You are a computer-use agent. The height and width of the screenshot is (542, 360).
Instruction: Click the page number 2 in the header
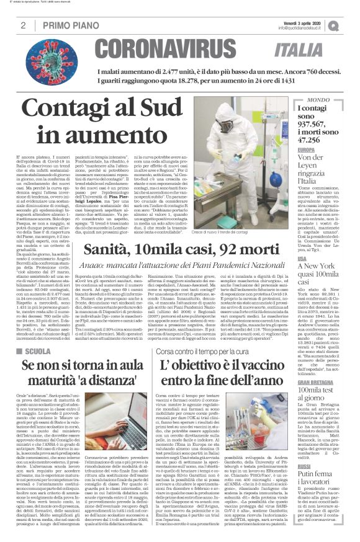coord(22,25)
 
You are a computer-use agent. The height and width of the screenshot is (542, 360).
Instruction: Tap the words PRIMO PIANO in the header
coord(67,25)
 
